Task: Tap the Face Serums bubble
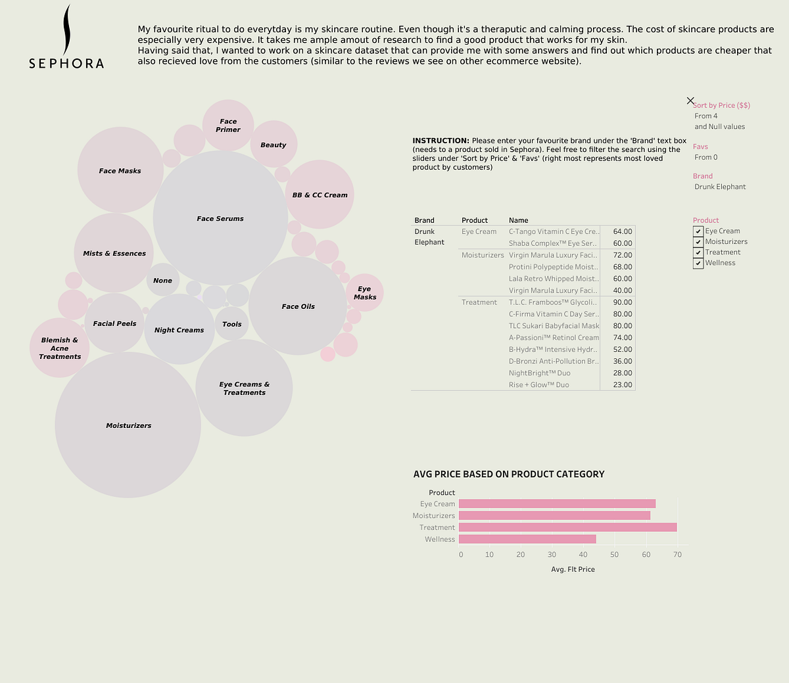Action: (x=220, y=218)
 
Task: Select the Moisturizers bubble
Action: (x=128, y=425)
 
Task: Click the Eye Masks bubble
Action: (x=364, y=293)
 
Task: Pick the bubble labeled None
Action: (x=162, y=280)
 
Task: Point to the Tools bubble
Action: (x=231, y=323)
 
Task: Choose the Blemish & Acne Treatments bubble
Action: (x=60, y=348)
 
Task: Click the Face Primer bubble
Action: (x=228, y=125)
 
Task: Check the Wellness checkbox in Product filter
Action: (x=698, y=263)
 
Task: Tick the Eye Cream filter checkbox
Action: (x=698, y=231)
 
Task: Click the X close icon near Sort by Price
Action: (x=690, y=101)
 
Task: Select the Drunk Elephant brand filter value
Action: (x=720, y=187)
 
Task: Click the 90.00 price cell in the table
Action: (x=622, y=302)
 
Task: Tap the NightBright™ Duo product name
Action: (x=539, y=373)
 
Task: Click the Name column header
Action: (x=518, y=220)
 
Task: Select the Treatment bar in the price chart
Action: (x=567, y=527)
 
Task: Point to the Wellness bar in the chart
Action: (x=527, y=539)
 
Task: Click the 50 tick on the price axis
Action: (x=614, y=554)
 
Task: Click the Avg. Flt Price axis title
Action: (x=573, y=569)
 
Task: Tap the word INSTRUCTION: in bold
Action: (x=441, y=141)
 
